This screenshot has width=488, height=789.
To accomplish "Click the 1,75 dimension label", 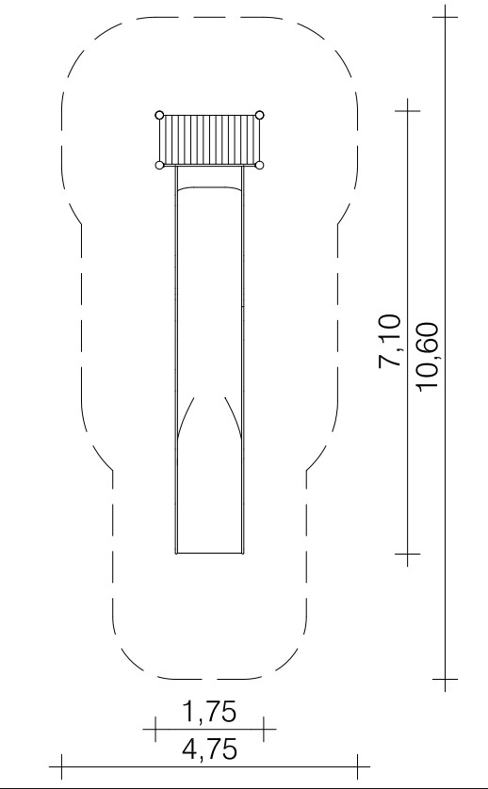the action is click(208, 711).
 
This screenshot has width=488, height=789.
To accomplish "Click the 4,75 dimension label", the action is click(209, 749).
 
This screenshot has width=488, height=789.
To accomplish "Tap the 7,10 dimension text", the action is click(390, 341).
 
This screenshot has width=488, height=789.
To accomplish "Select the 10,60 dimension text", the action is click(428, 355).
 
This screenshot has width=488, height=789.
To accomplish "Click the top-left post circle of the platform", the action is click(159, 115).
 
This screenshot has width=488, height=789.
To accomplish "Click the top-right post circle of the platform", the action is click(259, 115).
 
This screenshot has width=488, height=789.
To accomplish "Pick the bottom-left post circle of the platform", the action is click(159, 165).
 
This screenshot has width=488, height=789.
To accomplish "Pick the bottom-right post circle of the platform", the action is click(259, 165).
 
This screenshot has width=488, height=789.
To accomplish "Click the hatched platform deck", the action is click(209, 140).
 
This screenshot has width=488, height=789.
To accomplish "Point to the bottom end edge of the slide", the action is click(209, 553).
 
